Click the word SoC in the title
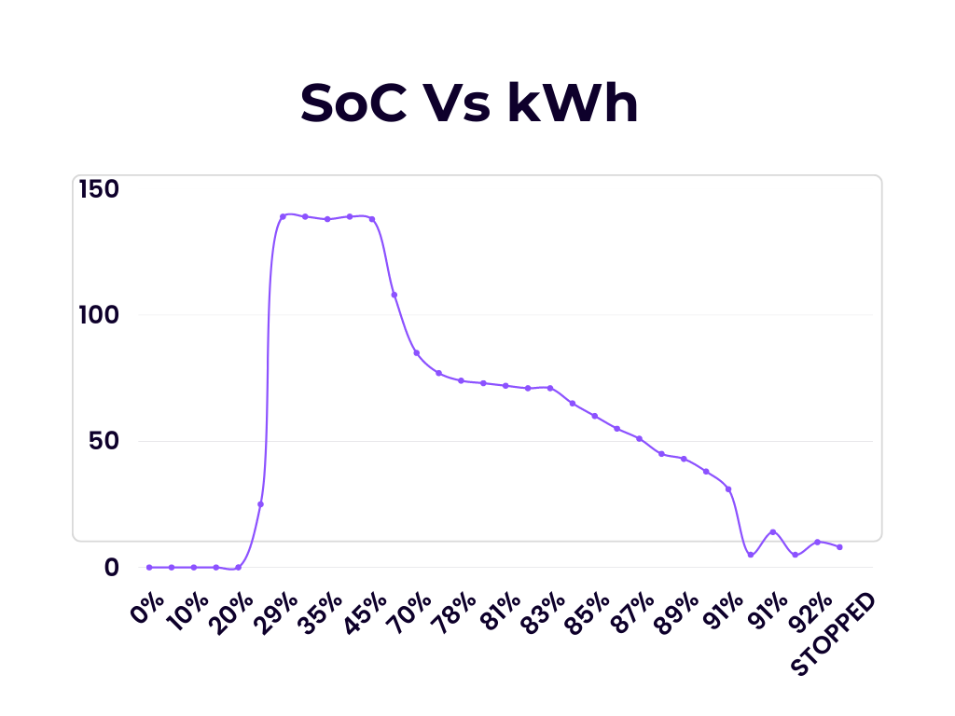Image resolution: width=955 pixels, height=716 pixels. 353,103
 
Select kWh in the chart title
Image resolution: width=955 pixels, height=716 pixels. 574,103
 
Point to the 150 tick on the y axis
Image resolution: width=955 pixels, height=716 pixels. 99,189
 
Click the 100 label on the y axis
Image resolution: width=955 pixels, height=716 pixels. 99,315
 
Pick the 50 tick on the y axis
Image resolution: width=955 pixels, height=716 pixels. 104,441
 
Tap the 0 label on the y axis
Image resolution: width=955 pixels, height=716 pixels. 112,567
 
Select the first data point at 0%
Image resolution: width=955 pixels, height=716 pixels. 149,567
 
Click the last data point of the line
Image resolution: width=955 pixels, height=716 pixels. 839,546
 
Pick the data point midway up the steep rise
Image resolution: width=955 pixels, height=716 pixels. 260,504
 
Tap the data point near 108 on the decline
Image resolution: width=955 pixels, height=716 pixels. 394,295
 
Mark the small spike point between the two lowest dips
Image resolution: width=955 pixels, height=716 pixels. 772,531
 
